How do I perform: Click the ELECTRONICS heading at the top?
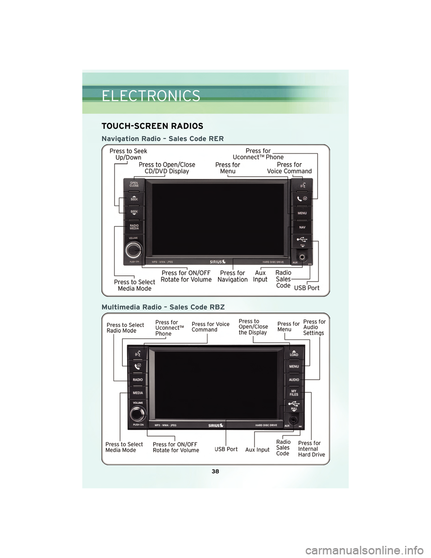pyautogui.click(x=151, y=96)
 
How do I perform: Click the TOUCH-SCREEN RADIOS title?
pyautogui.click(x=152, y=126)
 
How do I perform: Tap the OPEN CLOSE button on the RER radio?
pyautogui.click(x=134, y=185)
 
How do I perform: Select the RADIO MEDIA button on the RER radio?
pyautogui.click(x=134, y=227)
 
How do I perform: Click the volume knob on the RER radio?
pyautogui.click(x=133, y=250)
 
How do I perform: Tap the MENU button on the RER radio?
pyautogui.click(x=302, y=213)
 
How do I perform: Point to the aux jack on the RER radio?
pyautogui.click(x=302, y=257)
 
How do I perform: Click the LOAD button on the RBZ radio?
pyautogui.click(x=294, y=354)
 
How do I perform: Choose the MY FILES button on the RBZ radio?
pyautogui.click(x=294, y=393)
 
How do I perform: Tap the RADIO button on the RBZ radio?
pyautogui.click(x=137, y=380)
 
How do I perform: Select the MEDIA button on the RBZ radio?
pyautogui.click(x=137, y=393)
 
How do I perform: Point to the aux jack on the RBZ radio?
pyautogui.click(x=293, y=420)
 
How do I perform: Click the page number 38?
pyautogui.click(x=215, y=471)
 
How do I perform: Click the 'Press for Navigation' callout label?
pyautogui.click(x=233, y=276)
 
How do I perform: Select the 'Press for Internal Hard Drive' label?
pyautogui.click(x=311, y=449)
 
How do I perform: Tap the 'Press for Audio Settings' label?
pyautogui.click(x=314, y=328)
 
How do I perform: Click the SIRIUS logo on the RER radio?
pyautogui.click(x=218, y=261)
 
